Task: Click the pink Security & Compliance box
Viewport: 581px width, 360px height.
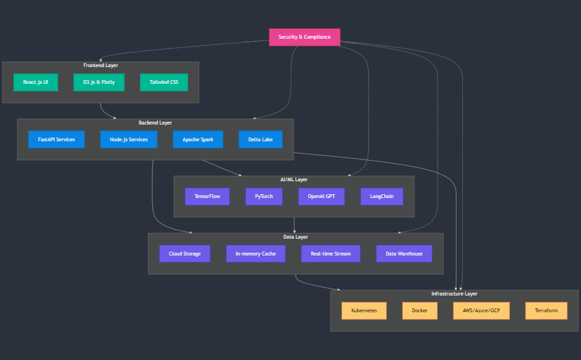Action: [x=304, y=37]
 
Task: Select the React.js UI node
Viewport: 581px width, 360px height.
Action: [x=36, y=82]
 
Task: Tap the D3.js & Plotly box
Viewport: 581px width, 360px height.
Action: [x=99, y=82]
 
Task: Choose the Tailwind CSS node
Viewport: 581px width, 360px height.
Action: [x=164, y=82]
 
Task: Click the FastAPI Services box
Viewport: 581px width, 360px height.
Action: [x=56, y=139]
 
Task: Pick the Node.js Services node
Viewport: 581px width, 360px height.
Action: [x=128, y=139]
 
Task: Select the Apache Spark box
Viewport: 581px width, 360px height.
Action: [x=198, y=139]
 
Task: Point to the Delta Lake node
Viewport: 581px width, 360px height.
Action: [x=260, y=139]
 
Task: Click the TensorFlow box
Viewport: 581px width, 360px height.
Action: [x=207, y=196]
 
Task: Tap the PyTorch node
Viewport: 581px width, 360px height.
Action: [x=263, y=196]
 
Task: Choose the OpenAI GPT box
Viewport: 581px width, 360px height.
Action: [x=321, y=196]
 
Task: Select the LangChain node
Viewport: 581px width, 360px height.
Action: [x=382, y=196]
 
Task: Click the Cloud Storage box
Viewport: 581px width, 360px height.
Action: [x=185, y=254]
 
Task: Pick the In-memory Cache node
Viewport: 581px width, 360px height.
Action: [x=256, y=254]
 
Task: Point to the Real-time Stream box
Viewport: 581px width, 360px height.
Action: [x=331, y=254]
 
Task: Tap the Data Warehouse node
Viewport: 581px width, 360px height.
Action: [x=404, y=254]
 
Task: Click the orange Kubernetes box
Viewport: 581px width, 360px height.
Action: [x=364, y=310]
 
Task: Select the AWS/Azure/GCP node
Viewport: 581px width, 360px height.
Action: [x=482, y=310]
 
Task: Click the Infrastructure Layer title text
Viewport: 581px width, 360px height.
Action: [x=454, y=294]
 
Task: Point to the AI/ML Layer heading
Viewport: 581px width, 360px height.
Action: [x=294, y=179]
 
